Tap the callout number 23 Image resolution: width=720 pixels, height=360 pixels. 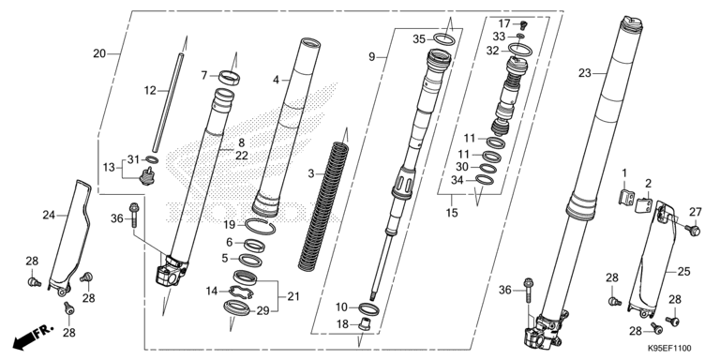tap(585, 72)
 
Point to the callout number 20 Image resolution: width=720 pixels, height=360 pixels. tap(99, 53)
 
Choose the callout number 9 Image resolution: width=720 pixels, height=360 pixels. tap(372, 57)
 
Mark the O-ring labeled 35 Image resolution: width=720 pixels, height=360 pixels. tap(446, 39)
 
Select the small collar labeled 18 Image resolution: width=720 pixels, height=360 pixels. tap(368, 324)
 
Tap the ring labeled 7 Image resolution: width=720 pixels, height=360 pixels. tap(228, 75)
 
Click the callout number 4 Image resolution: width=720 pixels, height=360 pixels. tap(277, 81)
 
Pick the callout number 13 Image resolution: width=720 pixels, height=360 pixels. tap(109, 167)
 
